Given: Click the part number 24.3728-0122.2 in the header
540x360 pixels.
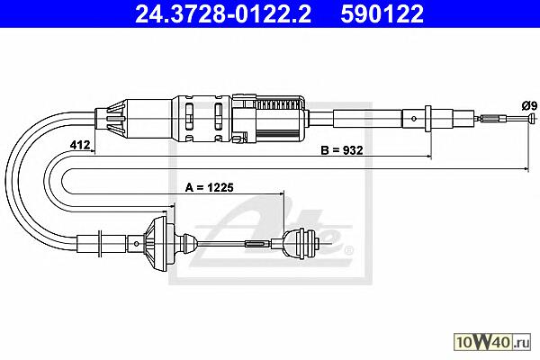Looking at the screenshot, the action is pos(223,13).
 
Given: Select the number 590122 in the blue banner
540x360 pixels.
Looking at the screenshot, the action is pos(382,13).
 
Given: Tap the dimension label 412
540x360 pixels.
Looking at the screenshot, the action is pos(80,145).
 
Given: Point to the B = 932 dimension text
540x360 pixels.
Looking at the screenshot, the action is pos(342,150).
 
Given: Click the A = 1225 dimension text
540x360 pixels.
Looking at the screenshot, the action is pos(210,187).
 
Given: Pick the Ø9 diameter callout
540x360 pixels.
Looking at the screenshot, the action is pos(529,105).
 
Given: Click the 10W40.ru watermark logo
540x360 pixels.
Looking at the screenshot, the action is pos(492,342).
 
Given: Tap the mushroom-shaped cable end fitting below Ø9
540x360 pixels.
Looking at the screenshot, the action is pos(533,118).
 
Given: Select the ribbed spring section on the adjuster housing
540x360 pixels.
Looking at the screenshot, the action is pos(279,104).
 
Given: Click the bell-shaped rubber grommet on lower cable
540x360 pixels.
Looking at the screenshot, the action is pos(158,243).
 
